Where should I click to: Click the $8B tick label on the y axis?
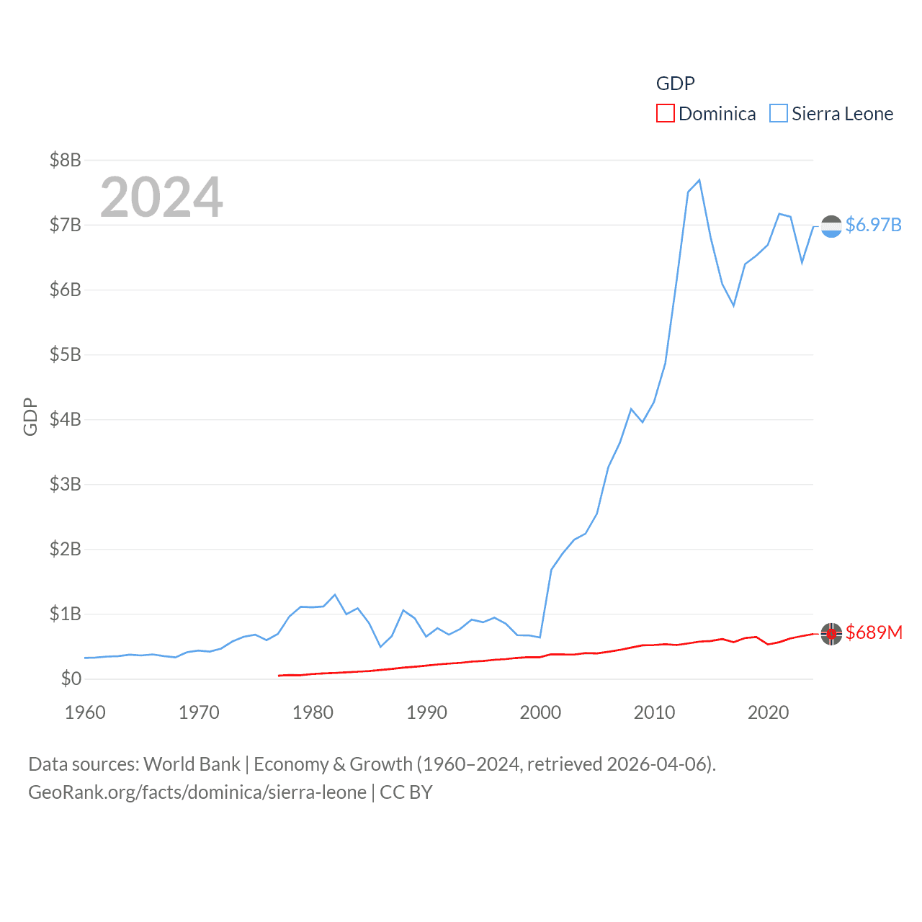pyautogui.click(x=65, y=160)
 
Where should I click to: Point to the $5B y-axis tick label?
pyautogui.click(x=65, y=354)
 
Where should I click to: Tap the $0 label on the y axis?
pyautogui.click(x=71, y=679)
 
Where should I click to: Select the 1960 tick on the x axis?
pyautogui.click(x=85, y=712)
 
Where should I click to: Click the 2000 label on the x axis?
pyautogui.click(x=540, y=712)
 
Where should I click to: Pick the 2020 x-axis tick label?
pyautogui.click(x=768, y=712)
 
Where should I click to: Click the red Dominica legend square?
pyautogui.click(x=666, y=114)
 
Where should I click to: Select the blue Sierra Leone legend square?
pyautogui.click(x=779, y=114)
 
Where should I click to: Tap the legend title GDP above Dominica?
pyautogui.click(x=675, y=84)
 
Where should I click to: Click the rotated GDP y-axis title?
pyautogui.click(x=30, y=416)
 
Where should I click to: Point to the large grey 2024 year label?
pyautogui.click(x=161, y=197)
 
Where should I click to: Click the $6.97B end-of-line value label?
pyautogui.click(x=873, y=225)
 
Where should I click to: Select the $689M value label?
pyautogui.click(x=874, y=632)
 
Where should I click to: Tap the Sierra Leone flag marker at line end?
pyautogui.click(x=831, y=226)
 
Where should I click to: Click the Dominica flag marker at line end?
pyautogui.click(x=831, y=633)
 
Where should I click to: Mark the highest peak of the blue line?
pyautogui.click(x=699, y=180)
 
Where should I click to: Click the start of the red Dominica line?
pyautogui.click(x=279, y=676)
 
